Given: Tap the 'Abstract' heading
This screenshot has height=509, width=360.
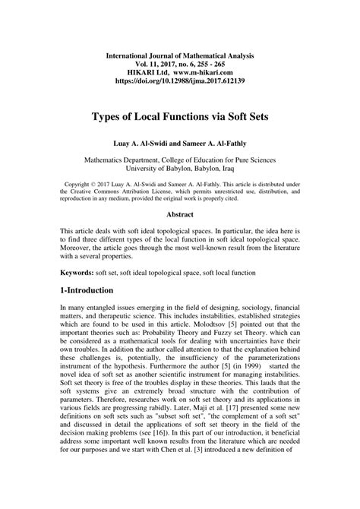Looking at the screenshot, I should [x=179, y=215].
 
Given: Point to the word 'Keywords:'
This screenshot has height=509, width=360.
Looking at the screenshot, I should [x=81, y=270].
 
